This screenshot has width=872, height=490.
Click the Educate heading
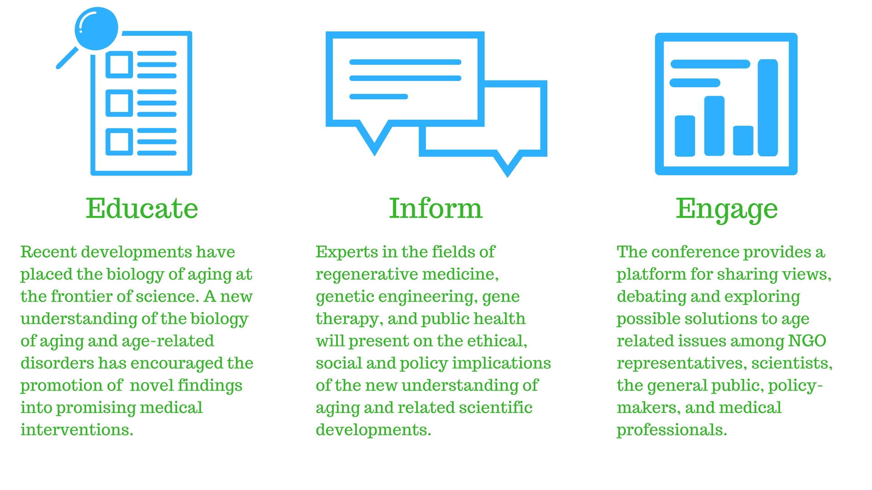pos(142,209)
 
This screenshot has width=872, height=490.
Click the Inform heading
pos(436,208)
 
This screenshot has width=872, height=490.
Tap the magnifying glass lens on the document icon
pos(96,29)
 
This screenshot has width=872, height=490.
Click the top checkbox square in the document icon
pos(119,64)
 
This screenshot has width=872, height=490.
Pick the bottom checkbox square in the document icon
pos(119,142)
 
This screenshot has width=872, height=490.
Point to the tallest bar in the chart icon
pos(768,108)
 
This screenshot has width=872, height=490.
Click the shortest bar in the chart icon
pos(743,141)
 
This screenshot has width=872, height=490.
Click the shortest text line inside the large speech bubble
pos(379,97)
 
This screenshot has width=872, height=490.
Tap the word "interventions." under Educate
pos(77,430)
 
